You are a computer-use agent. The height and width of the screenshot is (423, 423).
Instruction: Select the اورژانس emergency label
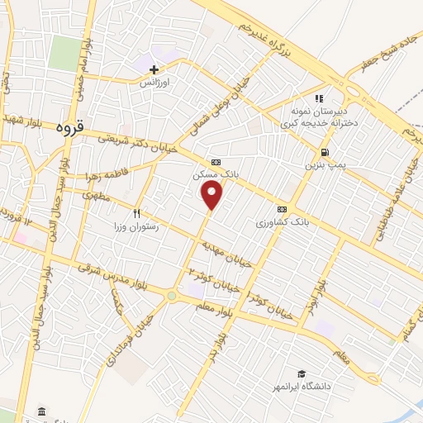click(x=153, y=83)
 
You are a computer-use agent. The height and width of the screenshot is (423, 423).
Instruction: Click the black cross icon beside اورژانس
click(x=154, y=69)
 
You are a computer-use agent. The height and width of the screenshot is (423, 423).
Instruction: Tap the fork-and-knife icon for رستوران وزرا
click(x=149, y=212)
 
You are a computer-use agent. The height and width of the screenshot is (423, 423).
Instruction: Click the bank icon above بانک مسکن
click(x=216, y=162)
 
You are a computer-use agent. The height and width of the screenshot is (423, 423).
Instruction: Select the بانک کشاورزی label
click(x=282, y=222)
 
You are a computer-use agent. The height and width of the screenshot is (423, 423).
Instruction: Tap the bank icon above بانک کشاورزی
click(x=283, y=209)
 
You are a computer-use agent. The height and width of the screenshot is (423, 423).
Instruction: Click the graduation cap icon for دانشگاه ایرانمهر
click(x=302, y=373)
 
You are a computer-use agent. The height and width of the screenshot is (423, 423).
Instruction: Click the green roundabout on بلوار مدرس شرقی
click(x=171, y=295)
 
